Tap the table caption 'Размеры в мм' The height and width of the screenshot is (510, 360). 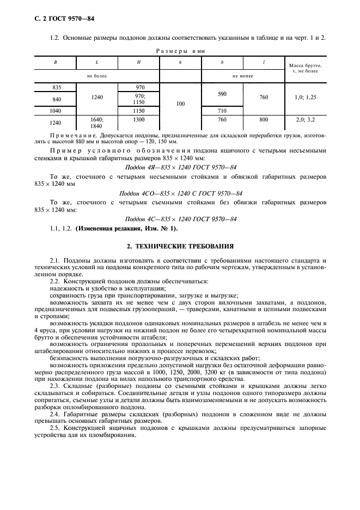(x=180, y=50)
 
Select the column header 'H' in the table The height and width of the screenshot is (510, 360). (x=139, y=63)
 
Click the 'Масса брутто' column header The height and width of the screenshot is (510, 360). (x=307, y=68)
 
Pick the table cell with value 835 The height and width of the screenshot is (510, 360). (x=55, y=87)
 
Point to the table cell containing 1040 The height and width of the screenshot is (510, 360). (x=55, y=111)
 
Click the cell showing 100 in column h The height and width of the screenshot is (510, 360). (x=180, y=102)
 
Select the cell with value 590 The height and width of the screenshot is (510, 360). (x=222, y=94)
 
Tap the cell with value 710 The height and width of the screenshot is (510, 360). (x=222, y=111)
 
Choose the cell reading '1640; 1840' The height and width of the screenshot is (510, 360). (x=97, y=122)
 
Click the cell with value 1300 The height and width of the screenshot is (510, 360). (x=139, y=119)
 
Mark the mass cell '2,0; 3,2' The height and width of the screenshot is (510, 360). (x=307, y=119)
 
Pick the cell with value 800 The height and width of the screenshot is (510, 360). (x=264, y=119)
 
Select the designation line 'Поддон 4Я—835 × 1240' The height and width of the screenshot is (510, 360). (x=180, y=167)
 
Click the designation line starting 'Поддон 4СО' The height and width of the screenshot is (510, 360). (x=180, y=193)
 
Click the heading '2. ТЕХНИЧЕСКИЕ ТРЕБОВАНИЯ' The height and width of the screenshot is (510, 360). (x=180, y=246)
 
